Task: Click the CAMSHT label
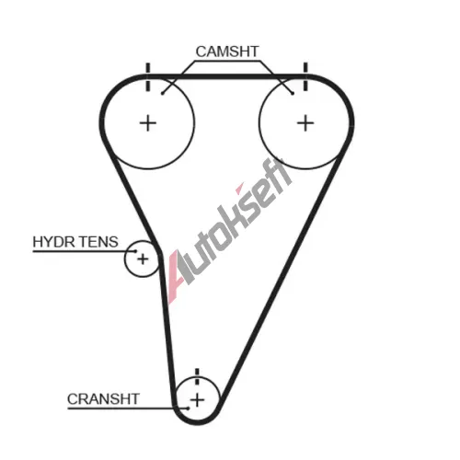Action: click(227, 52)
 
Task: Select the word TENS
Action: click(99, 242)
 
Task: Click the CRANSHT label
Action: click(103, 399)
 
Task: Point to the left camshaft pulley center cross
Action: click(148, 123)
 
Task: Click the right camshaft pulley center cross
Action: click(305, 123)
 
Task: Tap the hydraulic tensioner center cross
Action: click(143, 259)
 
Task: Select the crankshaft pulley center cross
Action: click(197, 400)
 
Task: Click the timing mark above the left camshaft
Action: click(148, 77)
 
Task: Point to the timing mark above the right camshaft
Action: click(305, 76)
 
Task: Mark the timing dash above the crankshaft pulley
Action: click(197, 376)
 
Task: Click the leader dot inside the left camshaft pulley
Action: click(163, 93)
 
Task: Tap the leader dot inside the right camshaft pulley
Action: click(293, 93)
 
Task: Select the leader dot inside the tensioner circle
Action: click(136, 251)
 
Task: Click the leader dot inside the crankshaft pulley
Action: click(188, 408)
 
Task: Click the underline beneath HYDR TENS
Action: click(85, 251)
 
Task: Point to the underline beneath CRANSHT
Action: click(128, 408)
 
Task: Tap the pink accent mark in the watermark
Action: click(239, 188)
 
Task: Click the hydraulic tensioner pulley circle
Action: click(125, 259)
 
